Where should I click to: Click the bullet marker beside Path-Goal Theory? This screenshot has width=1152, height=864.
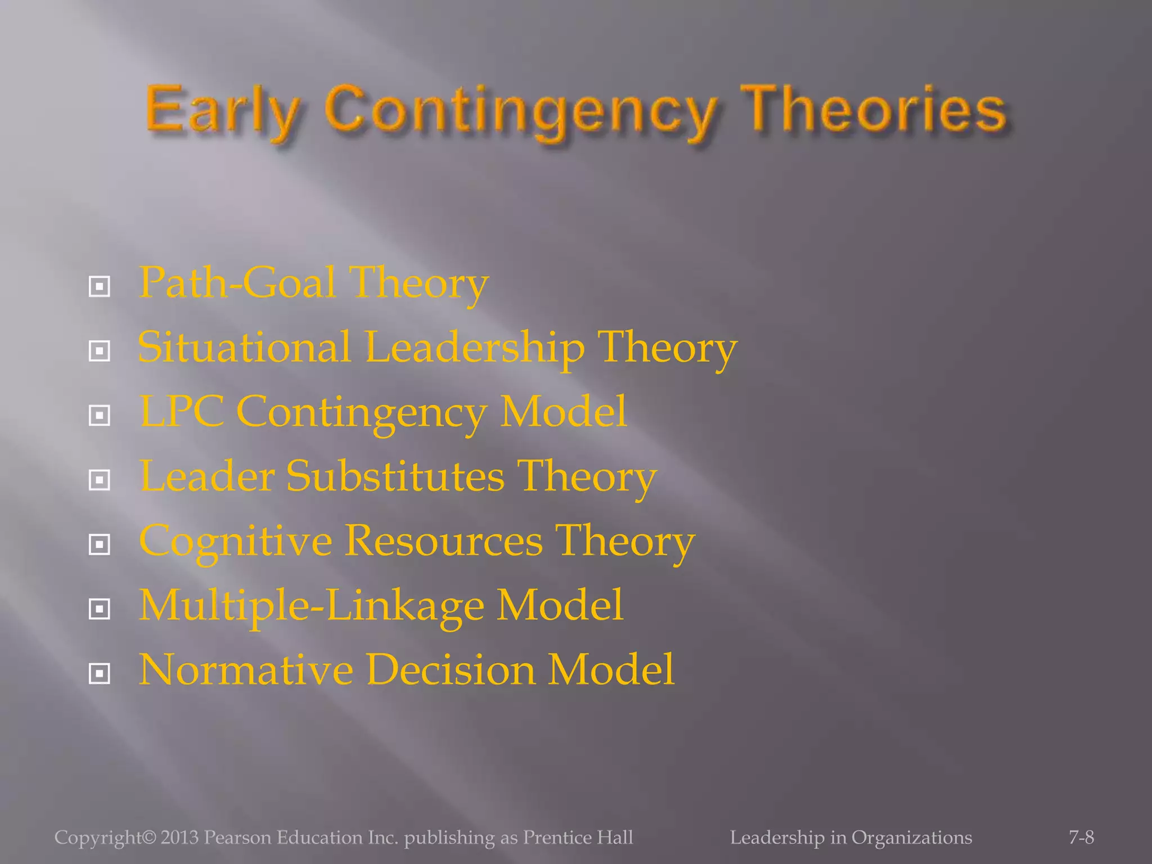(x=100, y=287)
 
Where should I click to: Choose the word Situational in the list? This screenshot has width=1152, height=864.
(x=244, y=347)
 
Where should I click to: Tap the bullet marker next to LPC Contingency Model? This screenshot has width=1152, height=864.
(x=100, y=416)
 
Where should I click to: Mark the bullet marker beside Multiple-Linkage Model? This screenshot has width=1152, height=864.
(x=100, y=609)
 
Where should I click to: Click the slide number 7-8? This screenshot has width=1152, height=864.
(x=1081, y=838)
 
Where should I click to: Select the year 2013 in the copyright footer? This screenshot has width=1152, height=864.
(x=179, y=838)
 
